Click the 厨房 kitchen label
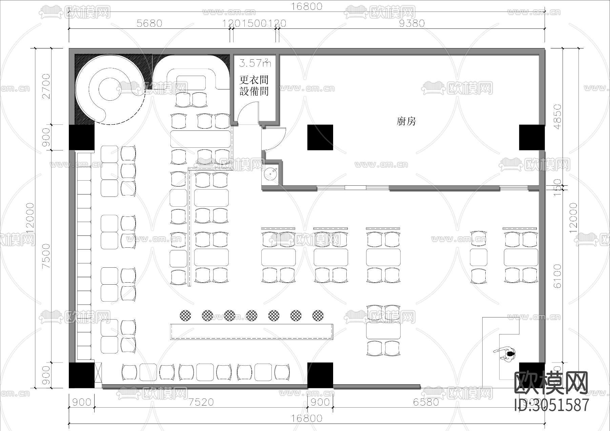coord(406,121)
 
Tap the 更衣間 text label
coord(254,80)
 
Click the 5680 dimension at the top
coord(149,23)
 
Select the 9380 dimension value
coord(412,23)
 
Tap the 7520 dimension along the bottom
coord(201,402)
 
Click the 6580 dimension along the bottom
coord(426,402)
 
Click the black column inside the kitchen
coord(320,137)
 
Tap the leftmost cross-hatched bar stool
coord(185,315)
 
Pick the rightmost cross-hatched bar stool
coord(318,315)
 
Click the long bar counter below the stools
coord(251,331)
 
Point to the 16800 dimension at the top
coord(307,6)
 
